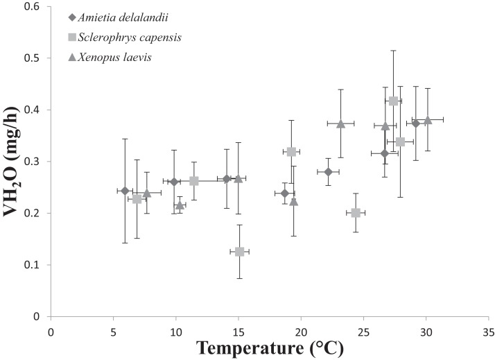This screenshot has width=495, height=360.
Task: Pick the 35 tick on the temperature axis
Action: pos(489,331)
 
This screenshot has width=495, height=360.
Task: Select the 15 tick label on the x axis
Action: pos(238,331)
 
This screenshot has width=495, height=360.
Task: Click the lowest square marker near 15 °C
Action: pos(239,252)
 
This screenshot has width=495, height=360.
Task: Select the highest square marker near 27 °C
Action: pos(393,101)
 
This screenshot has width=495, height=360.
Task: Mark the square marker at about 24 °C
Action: pos(356,213)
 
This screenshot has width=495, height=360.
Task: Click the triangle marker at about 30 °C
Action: pos(428,119)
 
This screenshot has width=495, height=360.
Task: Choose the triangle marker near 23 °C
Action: pos(340,123)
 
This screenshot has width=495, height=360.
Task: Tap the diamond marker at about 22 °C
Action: pos(329,172)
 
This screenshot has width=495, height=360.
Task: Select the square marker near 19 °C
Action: pos(291,152)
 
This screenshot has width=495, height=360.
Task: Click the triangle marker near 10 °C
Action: pos(180,205)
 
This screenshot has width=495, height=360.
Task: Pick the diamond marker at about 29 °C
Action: pos(416,123)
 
